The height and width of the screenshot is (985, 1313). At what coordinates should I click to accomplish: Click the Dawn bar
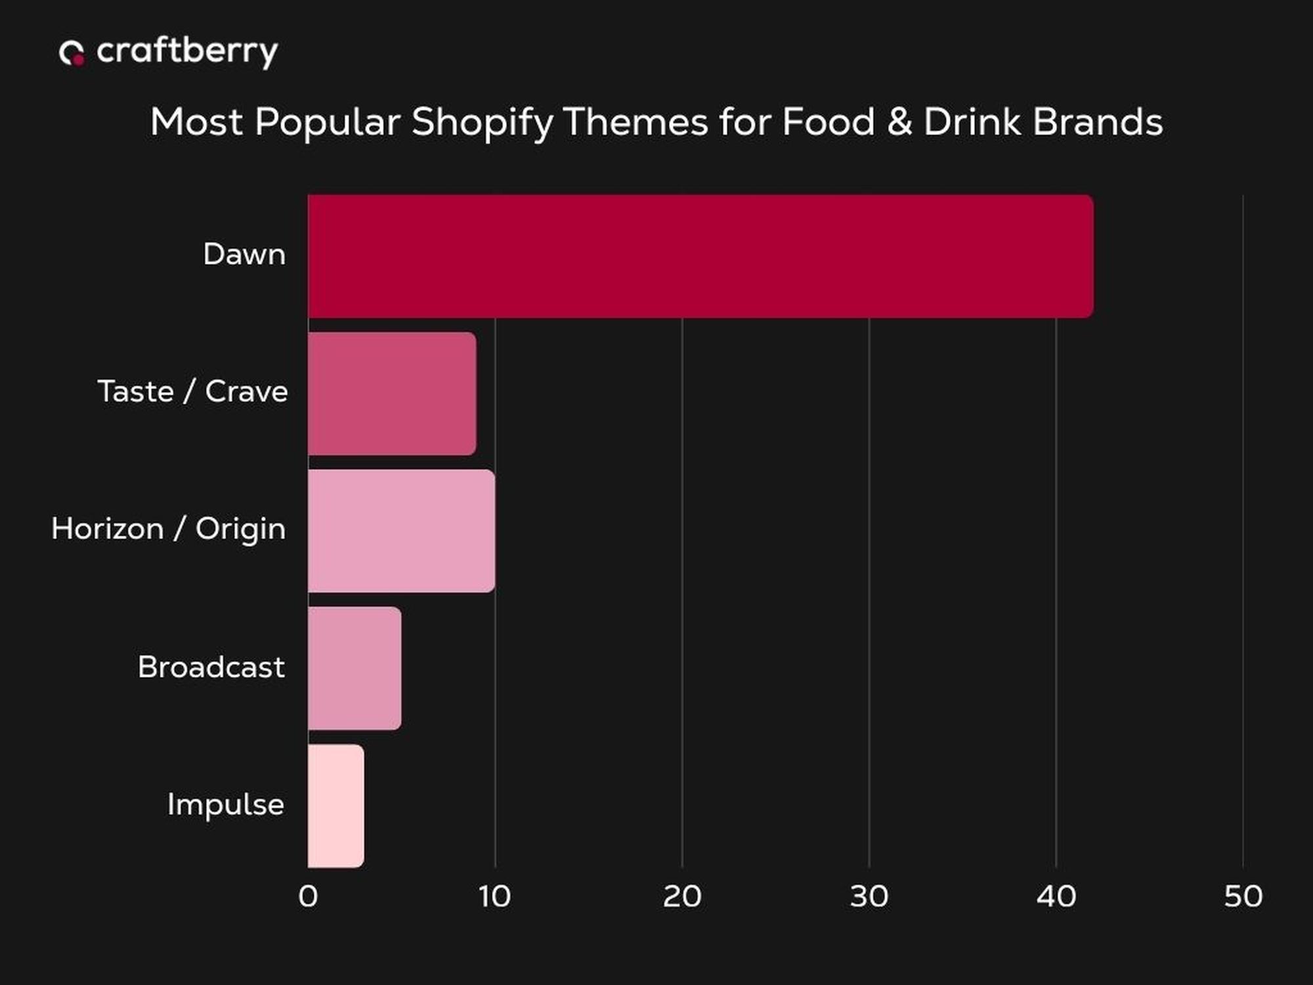coord(700,256)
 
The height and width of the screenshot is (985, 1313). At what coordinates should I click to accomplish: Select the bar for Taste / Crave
coord(392,393)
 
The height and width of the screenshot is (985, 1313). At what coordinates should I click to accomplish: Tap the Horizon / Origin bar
coord(401,531)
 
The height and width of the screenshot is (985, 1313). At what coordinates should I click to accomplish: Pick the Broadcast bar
coord(355,668)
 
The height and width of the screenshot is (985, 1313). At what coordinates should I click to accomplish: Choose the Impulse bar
coord(335,805)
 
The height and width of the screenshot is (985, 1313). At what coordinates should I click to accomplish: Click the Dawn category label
coord(244,255)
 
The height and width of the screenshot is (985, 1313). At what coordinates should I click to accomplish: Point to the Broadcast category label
coord(211,667)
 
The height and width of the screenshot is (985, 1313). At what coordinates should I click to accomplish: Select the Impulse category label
coord(225,804)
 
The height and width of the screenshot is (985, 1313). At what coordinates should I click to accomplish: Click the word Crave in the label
coord(246,391)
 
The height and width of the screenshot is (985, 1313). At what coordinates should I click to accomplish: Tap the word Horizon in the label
coord(108,529)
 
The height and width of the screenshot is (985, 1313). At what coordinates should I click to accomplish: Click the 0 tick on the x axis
coord(308,896)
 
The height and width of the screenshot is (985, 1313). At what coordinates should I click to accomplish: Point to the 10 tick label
coord(494,896)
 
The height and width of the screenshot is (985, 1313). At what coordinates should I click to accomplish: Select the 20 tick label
coord(681,896)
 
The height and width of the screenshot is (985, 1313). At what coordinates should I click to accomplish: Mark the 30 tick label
coord(869,896)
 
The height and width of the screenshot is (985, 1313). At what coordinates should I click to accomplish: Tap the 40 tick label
coord(1056,896)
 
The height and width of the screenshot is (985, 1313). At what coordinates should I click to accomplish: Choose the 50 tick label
coord(1243,896)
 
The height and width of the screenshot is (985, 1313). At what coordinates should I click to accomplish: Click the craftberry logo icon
coord(72,53)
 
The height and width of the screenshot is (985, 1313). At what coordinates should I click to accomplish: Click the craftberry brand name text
coord(187,52)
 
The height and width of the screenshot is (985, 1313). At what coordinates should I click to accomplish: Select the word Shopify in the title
coord(483,123)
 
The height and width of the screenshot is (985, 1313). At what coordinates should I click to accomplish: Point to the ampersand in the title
coord(899,122)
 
